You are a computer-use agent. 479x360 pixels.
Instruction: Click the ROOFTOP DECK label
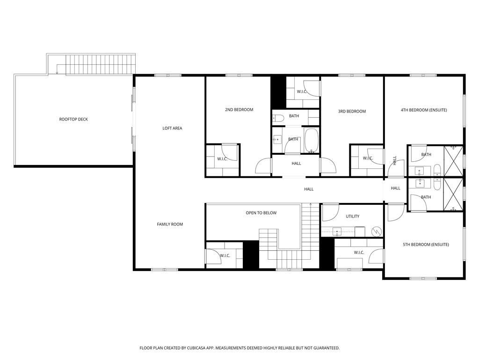(x=73, y=120)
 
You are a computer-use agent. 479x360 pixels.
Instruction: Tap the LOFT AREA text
(x=172, y=128)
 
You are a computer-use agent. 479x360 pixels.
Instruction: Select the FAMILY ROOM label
(x=170, y=225)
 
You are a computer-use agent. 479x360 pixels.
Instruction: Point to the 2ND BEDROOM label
(x=239, y=110)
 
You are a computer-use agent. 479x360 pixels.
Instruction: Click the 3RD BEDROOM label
(x=352, y=112)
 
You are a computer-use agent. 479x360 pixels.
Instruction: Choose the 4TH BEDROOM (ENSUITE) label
(x=424, y=110)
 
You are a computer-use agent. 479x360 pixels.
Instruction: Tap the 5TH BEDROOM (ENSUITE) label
(x=426, y=245)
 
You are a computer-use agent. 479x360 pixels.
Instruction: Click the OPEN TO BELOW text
(x=261, y=213)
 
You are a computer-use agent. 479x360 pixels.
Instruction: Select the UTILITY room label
(x=352, y=217)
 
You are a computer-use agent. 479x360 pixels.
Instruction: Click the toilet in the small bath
(x=277, y=117)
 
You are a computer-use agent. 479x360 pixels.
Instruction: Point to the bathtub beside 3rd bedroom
(x=312, y=140)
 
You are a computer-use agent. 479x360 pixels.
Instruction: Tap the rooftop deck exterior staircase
(x=101, y=64)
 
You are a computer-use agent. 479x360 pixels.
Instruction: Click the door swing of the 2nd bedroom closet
(x=229, y=152)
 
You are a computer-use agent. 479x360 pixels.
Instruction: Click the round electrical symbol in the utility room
(x=376, y=231)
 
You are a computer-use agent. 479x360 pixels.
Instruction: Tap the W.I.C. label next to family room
(x=225, y=255)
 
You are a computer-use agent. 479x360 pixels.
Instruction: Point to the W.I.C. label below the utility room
(x=359, y=253)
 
